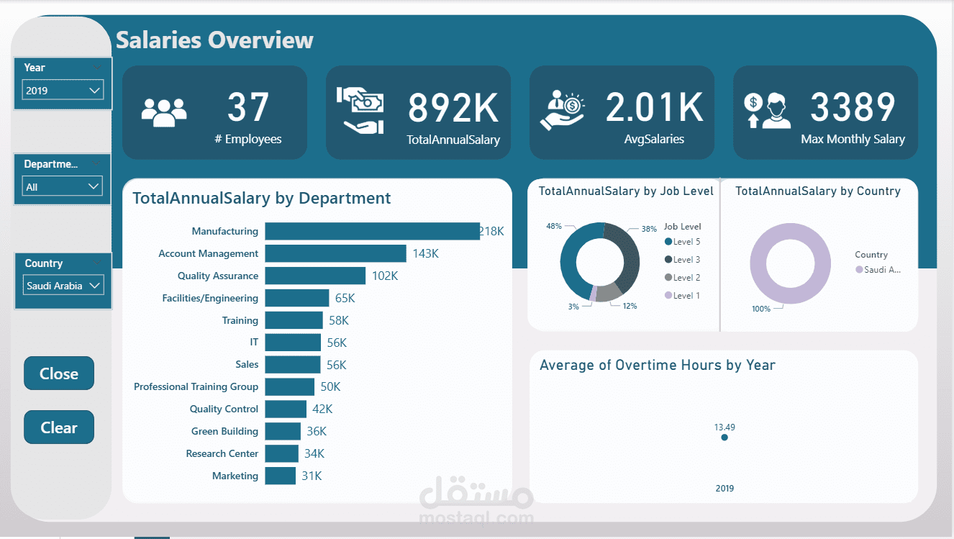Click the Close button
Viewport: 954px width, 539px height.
pos(59,373)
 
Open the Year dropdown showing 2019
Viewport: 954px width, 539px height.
pos(63,90)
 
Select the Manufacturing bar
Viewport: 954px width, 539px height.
pos(372,231)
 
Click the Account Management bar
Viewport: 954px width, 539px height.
pos(335,253)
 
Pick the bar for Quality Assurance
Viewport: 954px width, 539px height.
pos(315,276)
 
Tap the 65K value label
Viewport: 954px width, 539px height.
pos(345,298)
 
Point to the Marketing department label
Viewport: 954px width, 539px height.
pos(235,476)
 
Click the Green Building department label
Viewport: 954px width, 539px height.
pos(224,431)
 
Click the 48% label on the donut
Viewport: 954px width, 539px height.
pos(553,226)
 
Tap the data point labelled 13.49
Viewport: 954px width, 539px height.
pos(724,437)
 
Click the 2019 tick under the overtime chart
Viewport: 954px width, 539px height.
pos(724,489)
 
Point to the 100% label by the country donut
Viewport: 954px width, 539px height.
pos(760,309)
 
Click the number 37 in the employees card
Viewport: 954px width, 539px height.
pos(247,107)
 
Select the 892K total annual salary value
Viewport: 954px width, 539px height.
pos(453,108)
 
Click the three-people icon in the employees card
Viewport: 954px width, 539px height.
pos(164,112)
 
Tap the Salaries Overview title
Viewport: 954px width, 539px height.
pos(214,40)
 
